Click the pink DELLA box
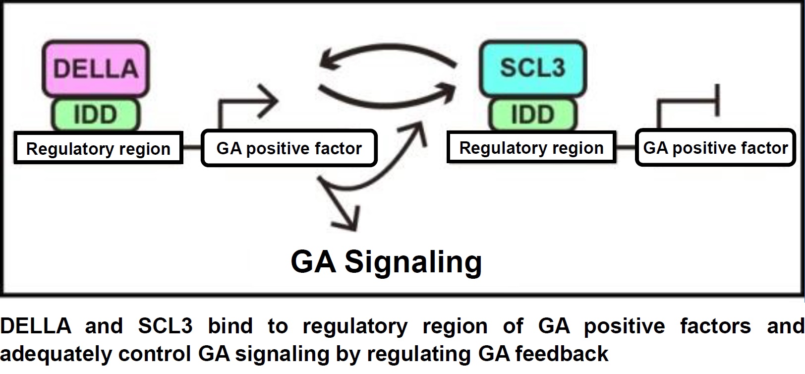point(96,68)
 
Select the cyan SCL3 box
point(532,68)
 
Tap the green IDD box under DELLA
point(95,115)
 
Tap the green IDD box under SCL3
point(532,115)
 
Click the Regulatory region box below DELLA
point(98,148)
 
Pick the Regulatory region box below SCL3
point(531,147)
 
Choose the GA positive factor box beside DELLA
point(289,148)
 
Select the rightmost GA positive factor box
point(715,147)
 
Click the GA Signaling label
point(386,261)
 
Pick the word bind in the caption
point(230,326)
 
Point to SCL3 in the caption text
point(165,326)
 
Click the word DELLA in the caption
point(36,326)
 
